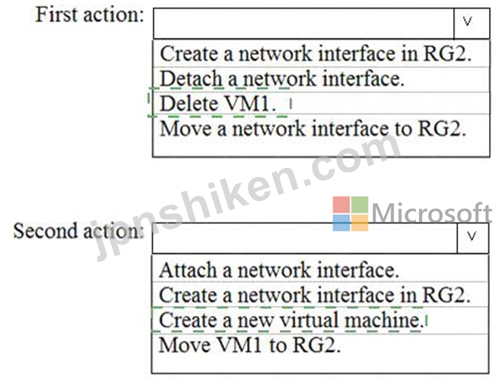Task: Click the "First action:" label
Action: click(x=90, y=15)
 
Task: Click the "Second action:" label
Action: click(x=79, y=231)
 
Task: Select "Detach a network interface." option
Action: click(x=282, y=79)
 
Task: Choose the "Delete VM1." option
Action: click(x=218, y=103)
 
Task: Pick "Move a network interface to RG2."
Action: click(x=313, y=129)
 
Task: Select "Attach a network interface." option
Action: click(x=279, y=271)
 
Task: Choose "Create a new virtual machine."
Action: click(x=291, y=320)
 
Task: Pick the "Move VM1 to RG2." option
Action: click(x=250, y=345)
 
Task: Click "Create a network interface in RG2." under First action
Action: click(x=316, y=54)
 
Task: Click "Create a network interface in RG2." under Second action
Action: click(x=315, y=295)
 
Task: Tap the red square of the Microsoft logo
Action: click(x=341, y=204)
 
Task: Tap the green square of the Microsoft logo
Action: click(x=360, y=204)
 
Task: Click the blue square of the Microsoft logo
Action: click(x=341, y=223)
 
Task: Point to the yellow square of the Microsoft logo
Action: click(x=360, y=223)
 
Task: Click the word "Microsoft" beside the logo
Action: click(x=432, y=213)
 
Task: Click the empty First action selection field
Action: click(x=303, y=24)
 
